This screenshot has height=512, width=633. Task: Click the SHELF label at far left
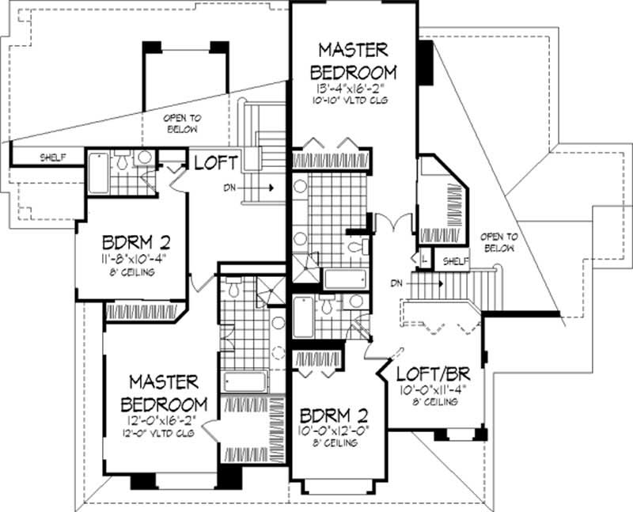point(52,157)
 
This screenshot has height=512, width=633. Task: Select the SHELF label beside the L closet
point(453,260)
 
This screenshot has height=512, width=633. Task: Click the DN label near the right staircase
point(399,282)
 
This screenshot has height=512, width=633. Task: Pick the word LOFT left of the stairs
point(216,163)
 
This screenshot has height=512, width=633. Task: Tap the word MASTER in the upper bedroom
point(353,49)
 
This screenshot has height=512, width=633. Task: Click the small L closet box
point(425,259)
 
